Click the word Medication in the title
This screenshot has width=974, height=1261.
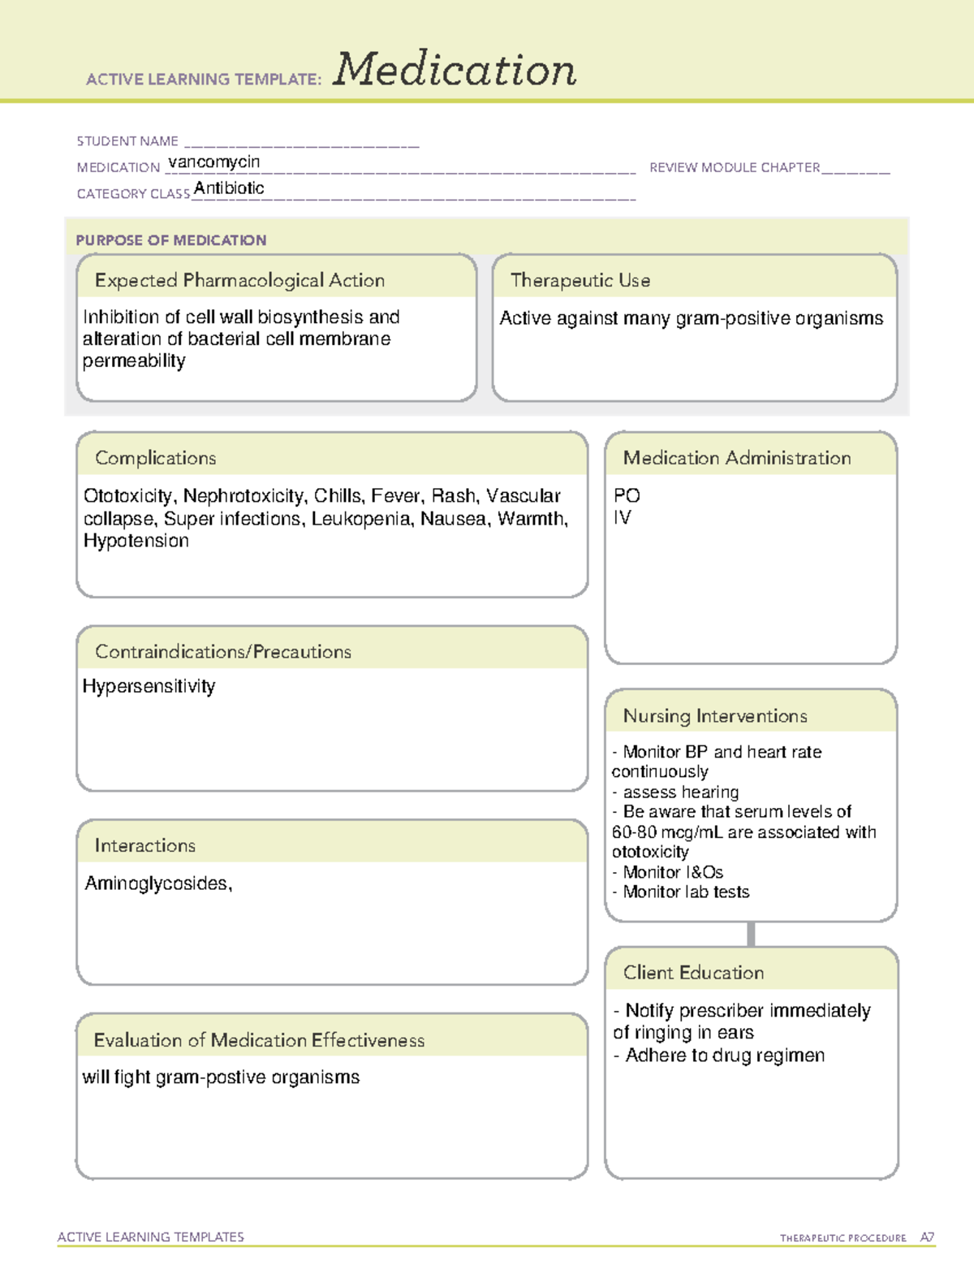[455, 70]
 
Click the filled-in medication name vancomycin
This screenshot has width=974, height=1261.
[214, 162]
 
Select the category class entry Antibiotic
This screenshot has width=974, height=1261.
[229, 188]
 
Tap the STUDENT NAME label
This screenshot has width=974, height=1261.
[127, 141]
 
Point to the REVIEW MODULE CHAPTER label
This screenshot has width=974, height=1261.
[735, 168]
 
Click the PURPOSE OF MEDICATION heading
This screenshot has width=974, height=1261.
[171, 240]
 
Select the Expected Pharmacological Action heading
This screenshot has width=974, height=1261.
[239, 281]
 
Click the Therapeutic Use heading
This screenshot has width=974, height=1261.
[580, 281]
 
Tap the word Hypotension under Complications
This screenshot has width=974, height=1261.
[136, 541]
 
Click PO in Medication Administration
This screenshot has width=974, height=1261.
[627, 496]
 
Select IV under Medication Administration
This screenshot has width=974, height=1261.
[622, 518]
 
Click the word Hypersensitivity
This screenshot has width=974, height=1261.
[149, 687]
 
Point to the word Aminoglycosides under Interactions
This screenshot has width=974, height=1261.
[157, 883]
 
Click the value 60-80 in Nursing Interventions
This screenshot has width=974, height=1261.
[634, 832]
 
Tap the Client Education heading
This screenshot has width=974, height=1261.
[693, 973]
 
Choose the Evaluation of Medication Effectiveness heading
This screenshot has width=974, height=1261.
[259, 1041]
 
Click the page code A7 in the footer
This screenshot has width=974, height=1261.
[927, 1237]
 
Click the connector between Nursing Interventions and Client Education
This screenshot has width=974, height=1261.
[751, 934]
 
